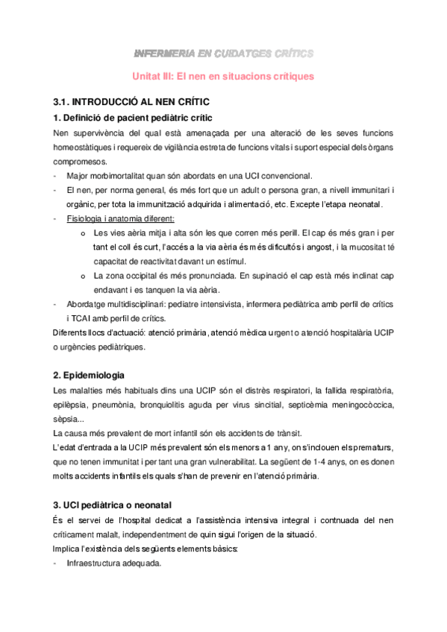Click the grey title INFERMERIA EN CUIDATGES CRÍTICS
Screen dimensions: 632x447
pyautogui.click(x=223, y=53)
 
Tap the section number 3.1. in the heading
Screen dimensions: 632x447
pyautogui.click(x=63, y=101)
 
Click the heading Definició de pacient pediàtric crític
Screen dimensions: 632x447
pyautogui.click(x=132, y=118)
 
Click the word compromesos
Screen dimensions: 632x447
pyautogui.click(x=80, y=161)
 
